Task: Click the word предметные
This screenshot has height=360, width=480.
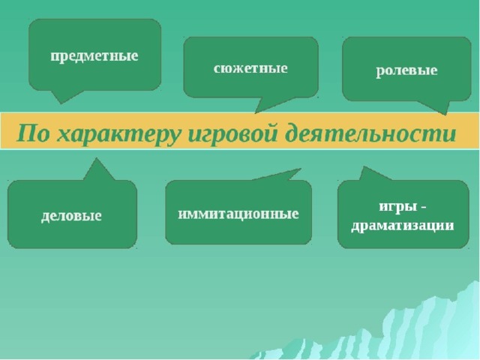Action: coord(94,57)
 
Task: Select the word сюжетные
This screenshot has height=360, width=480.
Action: coord(250,68)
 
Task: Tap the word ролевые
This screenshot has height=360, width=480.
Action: coord(406,70)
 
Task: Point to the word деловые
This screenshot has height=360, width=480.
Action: coord(71,215)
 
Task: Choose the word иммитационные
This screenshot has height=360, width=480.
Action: coord(238,214)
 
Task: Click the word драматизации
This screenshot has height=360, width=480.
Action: coord(402,226)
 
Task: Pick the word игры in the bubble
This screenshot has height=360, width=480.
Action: coord(398,207)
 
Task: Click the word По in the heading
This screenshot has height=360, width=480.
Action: coord(33,133)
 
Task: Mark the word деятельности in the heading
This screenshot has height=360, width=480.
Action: coord(370,133)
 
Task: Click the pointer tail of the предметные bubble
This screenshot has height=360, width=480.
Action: coord(65,96)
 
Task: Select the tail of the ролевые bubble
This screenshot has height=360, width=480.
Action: coord(437,107)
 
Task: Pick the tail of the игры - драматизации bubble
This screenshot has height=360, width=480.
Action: coord(371,175)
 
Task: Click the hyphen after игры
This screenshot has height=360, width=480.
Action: coord(423,208)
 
